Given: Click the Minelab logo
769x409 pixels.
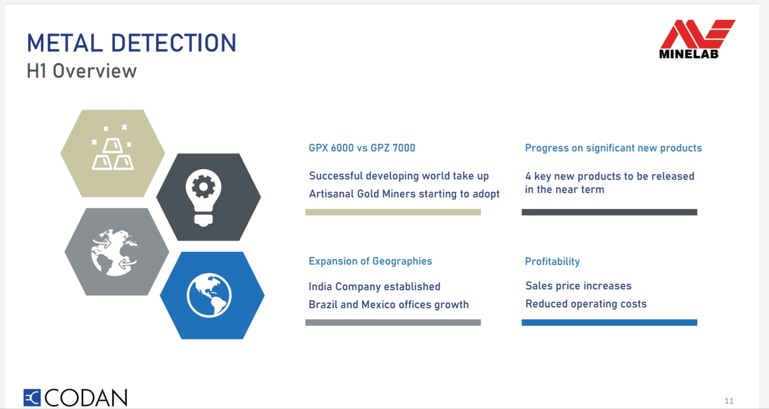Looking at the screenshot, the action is [697, 39].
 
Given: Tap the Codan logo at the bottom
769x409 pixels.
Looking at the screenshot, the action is [75, 397].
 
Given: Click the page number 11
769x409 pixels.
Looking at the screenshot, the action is [729, 401].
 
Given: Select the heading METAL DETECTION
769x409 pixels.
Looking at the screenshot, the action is [132, 43].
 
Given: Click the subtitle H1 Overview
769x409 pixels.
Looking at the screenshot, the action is [82, 71].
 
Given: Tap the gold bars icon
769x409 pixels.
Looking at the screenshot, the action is [112, 148].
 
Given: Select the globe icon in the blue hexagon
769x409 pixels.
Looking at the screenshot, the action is [209, 295].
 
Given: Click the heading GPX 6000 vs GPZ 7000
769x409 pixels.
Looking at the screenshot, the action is [362, 148].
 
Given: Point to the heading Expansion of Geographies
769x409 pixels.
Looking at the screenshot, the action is [370, 261].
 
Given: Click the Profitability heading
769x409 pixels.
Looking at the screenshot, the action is [552, 261].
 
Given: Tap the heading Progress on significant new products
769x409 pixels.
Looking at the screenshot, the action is [613, 148].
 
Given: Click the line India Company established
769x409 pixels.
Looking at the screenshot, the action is [374, 287].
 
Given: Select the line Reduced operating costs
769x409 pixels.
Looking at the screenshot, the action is [586, 304].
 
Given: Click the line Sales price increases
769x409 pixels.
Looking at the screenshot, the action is [578, 286].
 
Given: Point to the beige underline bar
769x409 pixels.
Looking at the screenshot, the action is [393, 212].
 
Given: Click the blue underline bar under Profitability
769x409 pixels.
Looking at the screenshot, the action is [609, 323].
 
